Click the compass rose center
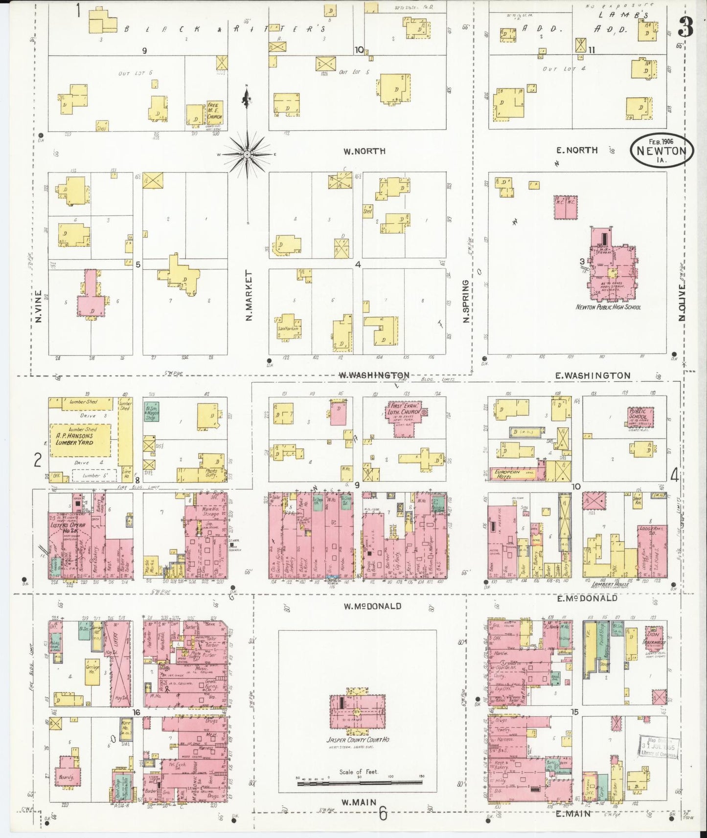tap(247, 154)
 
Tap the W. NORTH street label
tap(364, 151)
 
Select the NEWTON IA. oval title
tap(661, 150)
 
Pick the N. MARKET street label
tap(249, 296)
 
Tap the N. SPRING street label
tap(466, 301)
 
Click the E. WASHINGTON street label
tap(593, 375)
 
